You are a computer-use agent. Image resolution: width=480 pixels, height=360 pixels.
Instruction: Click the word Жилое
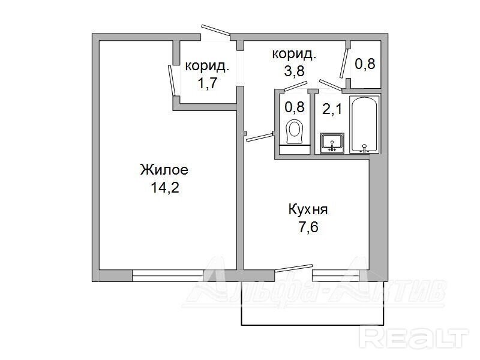(x=164, y=170)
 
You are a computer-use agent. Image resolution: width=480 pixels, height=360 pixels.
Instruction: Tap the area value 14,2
(x=164, y=187)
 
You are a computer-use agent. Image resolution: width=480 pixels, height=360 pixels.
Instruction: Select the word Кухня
(x=308, y=210)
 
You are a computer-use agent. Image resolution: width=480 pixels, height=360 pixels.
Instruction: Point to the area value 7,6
(x=308, y=227)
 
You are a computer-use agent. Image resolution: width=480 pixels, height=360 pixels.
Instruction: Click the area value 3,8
(x=294, y=71)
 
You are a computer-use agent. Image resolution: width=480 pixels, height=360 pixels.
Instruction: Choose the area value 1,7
(x=207, y=83)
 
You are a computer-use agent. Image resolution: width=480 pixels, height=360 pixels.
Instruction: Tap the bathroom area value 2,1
(x=332, y=109)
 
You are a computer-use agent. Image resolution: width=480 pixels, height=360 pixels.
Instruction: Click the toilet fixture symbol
(x=295, y=131)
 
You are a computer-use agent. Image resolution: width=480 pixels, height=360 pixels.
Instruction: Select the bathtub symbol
(x=364, y=124)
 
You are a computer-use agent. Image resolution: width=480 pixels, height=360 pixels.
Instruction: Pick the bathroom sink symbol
(x=332, y=143)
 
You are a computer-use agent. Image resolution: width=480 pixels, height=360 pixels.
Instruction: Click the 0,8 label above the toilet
(x=294, y=107)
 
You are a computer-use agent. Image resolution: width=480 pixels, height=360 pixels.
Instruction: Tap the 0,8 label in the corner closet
(x=365, y=64)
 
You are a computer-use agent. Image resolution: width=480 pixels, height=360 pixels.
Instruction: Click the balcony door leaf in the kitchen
(x=293, y=268)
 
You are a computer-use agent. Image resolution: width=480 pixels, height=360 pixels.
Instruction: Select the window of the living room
(x=168, y=275)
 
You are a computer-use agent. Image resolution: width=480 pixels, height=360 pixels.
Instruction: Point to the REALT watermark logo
(x=414, y=338)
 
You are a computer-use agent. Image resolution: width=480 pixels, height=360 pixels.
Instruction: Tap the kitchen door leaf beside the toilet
(x=260, y=137)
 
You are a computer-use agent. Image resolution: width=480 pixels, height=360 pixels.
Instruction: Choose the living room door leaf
(x=172, y=80)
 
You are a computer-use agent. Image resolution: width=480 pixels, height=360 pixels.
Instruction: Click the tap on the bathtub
(x=364, y=148)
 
